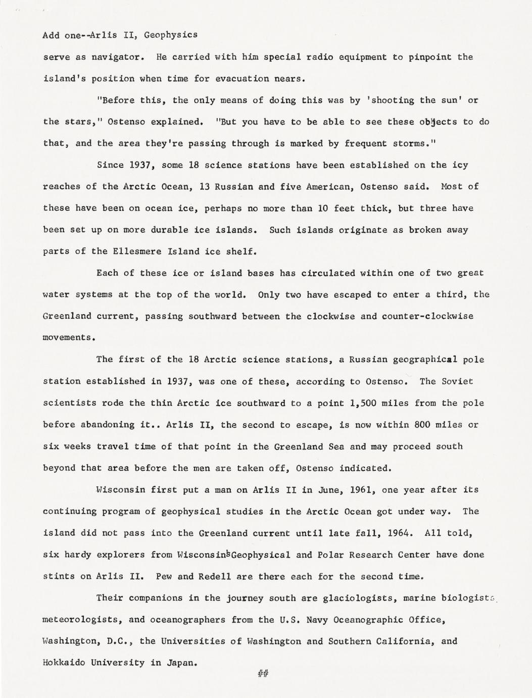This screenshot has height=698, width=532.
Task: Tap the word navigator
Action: [x=116, y=57]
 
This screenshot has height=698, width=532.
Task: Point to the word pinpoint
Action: [x=430, y=57]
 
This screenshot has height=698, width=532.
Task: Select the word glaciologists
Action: [x=356, y=598]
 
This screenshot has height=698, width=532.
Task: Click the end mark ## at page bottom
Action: [x=263, y=673]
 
